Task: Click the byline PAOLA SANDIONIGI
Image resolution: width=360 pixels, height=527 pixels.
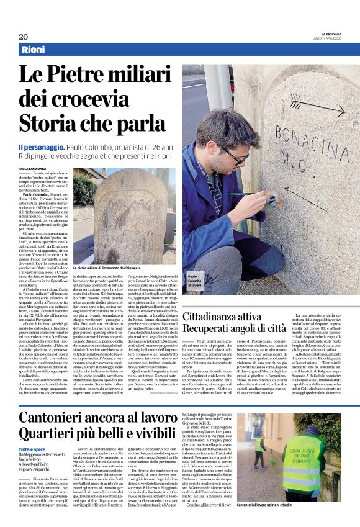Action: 32,168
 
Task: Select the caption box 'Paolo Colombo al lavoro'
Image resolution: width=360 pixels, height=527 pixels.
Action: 194,281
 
